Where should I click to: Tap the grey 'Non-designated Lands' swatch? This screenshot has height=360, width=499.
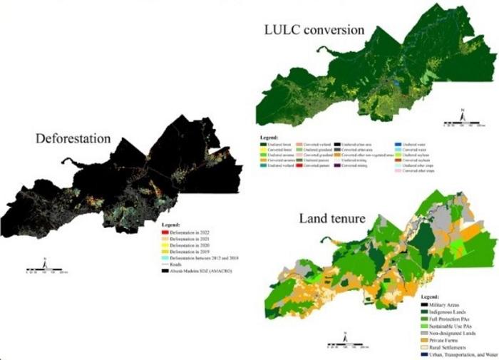(x=423, y=333)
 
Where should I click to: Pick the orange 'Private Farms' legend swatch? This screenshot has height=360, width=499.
(x=423, y=340)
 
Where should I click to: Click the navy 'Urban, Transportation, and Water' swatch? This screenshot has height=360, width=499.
(x=423, y=354)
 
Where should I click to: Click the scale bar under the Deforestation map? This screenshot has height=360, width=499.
(x=47, y=271)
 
